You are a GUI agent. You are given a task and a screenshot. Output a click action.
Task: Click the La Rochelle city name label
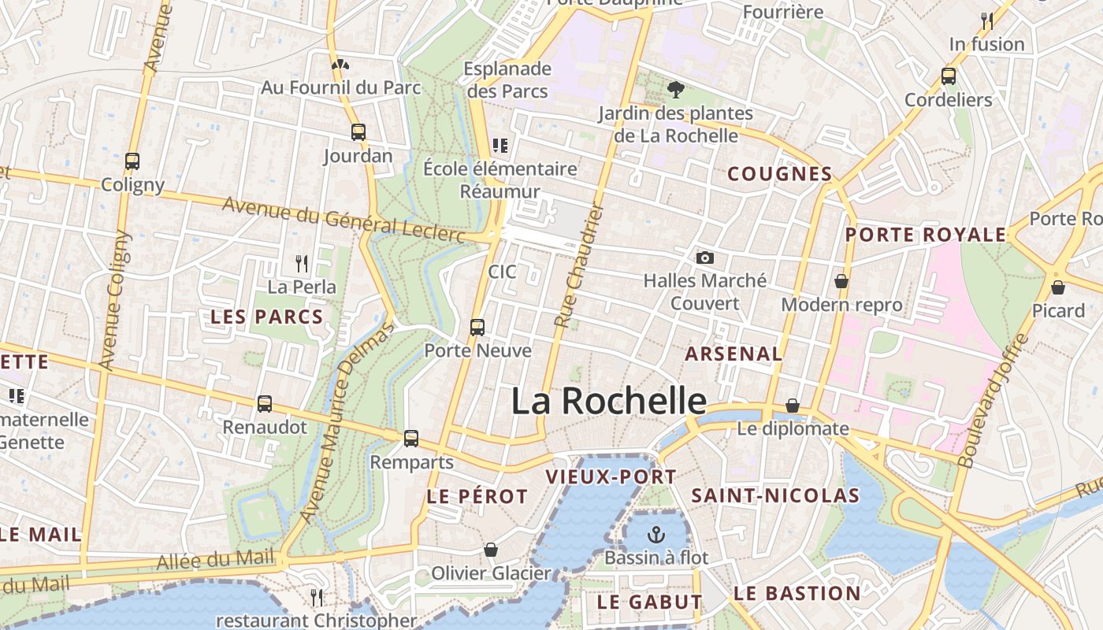click(x=608, y=401)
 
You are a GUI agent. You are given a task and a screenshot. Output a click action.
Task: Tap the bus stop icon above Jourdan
click(x=358, y=132)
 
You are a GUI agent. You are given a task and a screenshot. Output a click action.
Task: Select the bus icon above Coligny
click(x=132, y=161)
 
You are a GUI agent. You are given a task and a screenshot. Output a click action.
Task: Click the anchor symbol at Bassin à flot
click(x=655, y=535)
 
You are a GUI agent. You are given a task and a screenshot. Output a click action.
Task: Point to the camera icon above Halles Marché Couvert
click(x=705, y=258)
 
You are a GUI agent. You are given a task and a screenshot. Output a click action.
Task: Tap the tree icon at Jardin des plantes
click(x=675, y=90)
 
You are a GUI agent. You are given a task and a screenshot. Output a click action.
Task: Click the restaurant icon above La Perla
click(x=302, y=263)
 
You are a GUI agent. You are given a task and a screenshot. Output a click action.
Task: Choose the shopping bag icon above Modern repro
click(x=841, y=281)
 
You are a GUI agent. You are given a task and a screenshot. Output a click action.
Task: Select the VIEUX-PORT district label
click(x=611, y=476)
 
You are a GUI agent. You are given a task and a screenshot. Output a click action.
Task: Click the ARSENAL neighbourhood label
click(x=733, y=354)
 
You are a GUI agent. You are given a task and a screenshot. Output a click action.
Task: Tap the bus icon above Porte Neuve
click(x=477, y=327)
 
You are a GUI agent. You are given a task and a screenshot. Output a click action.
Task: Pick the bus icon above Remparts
click(x=411, y=439)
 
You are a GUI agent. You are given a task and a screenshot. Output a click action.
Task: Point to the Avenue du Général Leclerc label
click(x=344, y=220)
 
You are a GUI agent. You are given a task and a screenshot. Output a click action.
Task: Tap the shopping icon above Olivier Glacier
click(x=491, y=549)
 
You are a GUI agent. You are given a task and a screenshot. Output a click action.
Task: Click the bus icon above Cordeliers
click(x=949, y=76)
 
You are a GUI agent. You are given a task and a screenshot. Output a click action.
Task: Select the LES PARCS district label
click(x=267, y=317)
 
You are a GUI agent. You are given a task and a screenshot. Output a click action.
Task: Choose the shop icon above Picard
click(x=1058, y=287)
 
